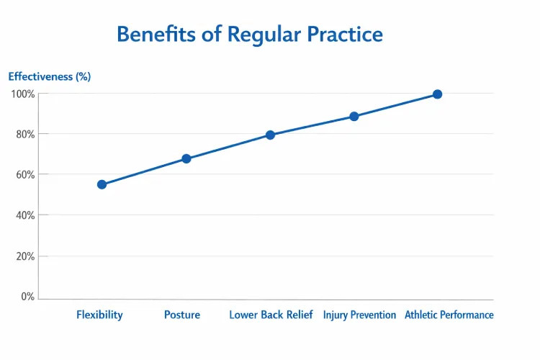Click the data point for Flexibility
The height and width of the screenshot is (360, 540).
point(102,184)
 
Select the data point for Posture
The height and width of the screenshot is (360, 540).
point(186,158)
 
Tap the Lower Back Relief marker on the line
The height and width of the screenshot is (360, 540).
point(270,135)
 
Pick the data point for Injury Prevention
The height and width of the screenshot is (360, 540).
point(354,116)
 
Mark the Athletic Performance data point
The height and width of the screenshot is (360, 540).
point(437,94)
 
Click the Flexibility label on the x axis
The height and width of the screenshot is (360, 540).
point(99,315)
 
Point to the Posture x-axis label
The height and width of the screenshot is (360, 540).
point(182,315)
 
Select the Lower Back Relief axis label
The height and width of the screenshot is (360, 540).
point(271,315)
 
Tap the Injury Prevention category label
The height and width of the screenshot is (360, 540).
point(359,315)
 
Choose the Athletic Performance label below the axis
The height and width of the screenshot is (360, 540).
point(449,315)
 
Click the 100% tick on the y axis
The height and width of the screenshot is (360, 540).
point(22,94)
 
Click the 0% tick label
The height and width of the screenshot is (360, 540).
point(27,297)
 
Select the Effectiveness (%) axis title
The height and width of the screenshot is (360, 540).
point(49,76)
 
